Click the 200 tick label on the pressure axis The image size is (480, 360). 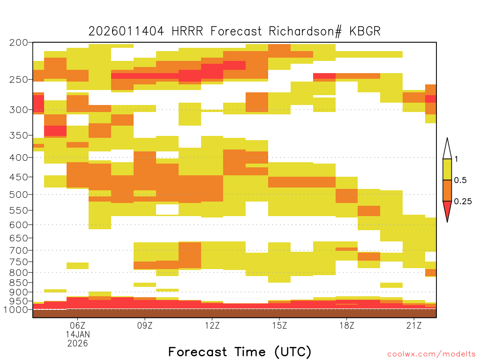click(19, 43)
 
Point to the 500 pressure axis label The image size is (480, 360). click(19, 195)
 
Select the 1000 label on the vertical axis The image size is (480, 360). click(16, 310)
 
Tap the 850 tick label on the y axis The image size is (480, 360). click(19, 283)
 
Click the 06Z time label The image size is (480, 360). click(77, 325)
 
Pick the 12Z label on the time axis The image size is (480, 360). click(212, 325)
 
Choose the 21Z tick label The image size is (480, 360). click(414, 325)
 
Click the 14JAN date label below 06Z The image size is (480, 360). click(78, 334)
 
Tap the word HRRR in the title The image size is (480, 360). click(187, 31)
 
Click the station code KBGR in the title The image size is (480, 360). click(365, 31)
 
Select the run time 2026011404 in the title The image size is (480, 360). click(126, 31)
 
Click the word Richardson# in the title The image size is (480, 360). click(305, 31)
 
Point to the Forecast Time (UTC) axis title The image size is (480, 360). click(240, 352)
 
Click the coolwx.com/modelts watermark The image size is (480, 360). click(431, 354)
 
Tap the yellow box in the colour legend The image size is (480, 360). click(447, 169)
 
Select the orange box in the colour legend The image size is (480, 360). click(447, 190)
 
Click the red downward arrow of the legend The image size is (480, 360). click(447, 210)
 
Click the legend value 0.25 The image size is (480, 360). click(463, 202)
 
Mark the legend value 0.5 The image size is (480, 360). click(460, 180)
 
